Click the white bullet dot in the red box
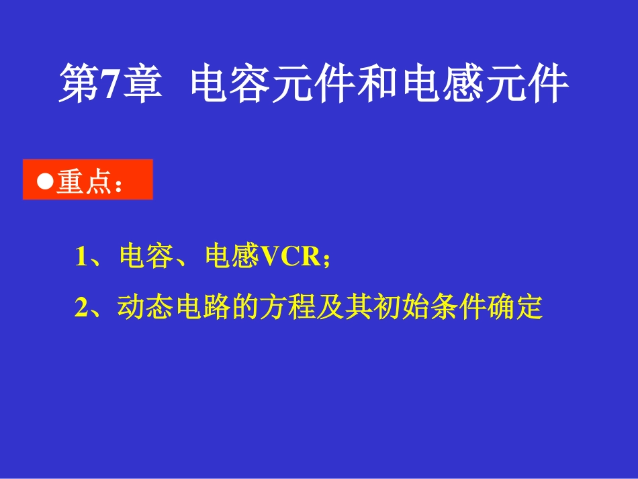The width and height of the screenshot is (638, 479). (45, 181)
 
